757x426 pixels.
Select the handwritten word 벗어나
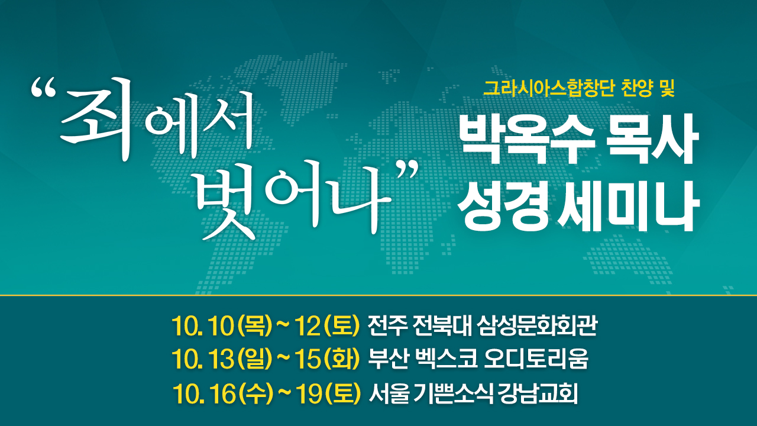click(290, 200)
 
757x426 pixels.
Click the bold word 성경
click(503, 206)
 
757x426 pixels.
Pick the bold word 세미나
click(628, 206)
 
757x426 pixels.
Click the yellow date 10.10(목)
click(222, 326)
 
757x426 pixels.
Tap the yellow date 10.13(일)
click(222, 359)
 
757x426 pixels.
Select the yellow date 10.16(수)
click(223, 393)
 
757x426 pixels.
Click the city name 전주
click(387, 326)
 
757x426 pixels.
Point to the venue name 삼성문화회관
click(538, 326)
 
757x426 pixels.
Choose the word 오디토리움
click(536, 359)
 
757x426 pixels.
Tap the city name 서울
click(389, 393)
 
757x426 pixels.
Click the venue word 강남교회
click(538, 393)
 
